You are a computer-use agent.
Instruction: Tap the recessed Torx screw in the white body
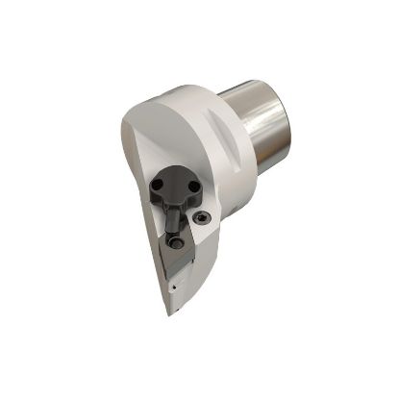tap(200, 219)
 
